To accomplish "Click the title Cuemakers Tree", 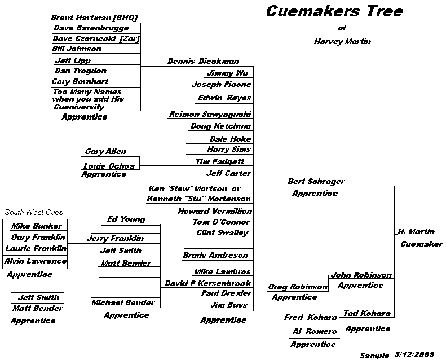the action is pyautogui.click(x=334, y=11).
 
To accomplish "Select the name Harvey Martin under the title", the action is pyautogui.click(x=342, y=42).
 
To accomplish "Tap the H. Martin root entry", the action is pyautogui.click(x=416, y=231).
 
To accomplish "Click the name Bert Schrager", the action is pyautogui.click(x=316, y=181).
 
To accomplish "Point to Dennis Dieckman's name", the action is pyautogui.click(x=203, y=61).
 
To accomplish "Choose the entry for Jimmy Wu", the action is pyautogui.click(x=227, y=73).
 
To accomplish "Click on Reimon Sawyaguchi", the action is pyautogui.click(x=210, y=115).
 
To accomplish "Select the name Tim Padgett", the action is pyautogui.click(x=220, y=161).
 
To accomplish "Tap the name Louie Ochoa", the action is pyautogui.click(x=109, y=166).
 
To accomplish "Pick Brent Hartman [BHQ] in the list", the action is pyautogui.click(x=94, y=18).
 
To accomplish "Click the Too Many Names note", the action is pyautogui.click(x=88, y=99).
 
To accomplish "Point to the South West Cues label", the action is pyautogui.click(x=34, y=212).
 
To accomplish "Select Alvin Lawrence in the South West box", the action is pyautogui.click(x=36, y=261).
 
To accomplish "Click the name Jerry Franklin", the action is pyautogui.click(x=115, y=238).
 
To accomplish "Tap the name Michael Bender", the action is pyautogui.click(x=123, y=302).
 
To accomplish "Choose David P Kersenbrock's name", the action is pyautogui.click(x=207, y=283).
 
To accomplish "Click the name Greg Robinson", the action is pyautogui.click(x=298, y=287).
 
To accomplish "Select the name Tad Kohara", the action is pyautogui.click(x=367, y=313).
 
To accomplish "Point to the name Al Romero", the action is pyautogui.click(x=315, y=331).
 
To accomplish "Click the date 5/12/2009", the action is pyautogui.click(x=414, y=354).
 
